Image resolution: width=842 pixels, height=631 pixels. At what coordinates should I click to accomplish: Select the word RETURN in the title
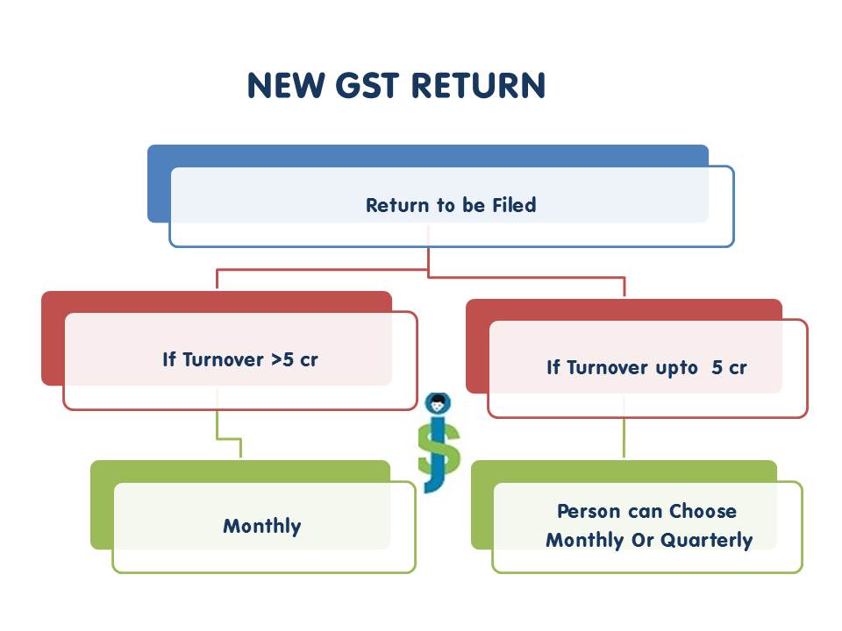[x=478, y=86]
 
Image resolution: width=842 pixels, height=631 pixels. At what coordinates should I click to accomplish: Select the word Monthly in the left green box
[x=261, y=527]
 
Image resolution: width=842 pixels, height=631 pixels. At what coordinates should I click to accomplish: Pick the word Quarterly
[x=707, y=540]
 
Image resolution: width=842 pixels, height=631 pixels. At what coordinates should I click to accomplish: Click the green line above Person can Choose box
[x=624, y=438]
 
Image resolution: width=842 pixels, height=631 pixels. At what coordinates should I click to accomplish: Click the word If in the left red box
[x=169, y=359]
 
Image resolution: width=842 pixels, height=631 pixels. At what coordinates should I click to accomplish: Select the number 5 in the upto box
[x=717, y=367]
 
